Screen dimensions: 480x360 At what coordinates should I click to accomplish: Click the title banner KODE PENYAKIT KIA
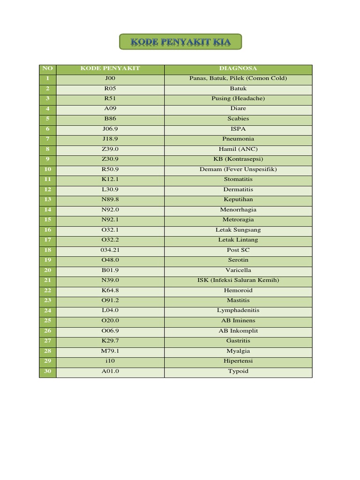tap(180, 42)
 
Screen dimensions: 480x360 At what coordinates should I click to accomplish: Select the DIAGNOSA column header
tap(238, 68)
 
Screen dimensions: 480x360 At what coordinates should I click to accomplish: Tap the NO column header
tap(47, 68)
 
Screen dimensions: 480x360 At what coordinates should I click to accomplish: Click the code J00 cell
tap(110, 78)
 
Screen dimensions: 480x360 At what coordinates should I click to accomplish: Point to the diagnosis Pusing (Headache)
tap(238, 98)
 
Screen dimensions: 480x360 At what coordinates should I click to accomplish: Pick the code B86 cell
tap(110, 119)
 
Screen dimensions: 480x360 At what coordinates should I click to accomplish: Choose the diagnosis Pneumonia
tap(238, 139)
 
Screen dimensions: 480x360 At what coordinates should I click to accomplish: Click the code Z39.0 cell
tap(110, 149)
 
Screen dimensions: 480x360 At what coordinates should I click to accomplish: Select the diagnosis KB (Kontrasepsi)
tap(238, 159)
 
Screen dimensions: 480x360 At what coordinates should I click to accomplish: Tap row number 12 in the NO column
tap(47, 189)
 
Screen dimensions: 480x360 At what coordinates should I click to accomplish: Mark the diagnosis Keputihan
tap(238, 200)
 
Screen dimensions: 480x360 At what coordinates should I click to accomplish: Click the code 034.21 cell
tap(110, 250)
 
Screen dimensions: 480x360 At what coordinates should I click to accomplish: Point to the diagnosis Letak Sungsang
tap(238, 230)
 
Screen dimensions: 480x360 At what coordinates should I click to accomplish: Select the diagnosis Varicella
tap(238, 270)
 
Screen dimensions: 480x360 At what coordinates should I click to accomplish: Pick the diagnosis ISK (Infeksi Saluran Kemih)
tap(238, 280)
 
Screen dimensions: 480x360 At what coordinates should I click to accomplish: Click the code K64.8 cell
tap(110, 290)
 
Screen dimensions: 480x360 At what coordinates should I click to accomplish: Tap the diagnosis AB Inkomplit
tap(238, 330)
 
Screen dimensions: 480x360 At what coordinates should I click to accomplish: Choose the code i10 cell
tap(110, 361)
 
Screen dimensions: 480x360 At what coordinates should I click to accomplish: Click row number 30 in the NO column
tap(47, 371)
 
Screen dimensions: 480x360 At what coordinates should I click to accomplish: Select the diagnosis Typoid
tap(238, 371)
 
